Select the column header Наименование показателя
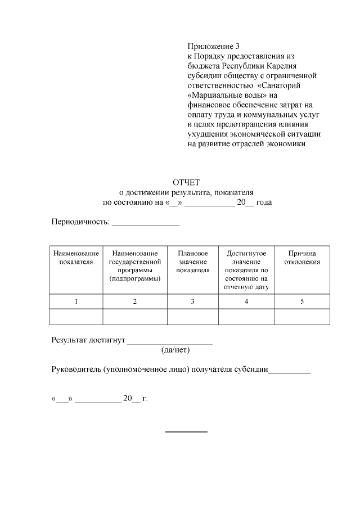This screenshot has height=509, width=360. coord(76,258)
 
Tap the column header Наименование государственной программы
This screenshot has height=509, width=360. coord(135,266)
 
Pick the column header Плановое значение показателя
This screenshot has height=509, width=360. coord(192,262)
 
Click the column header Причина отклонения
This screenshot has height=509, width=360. coord(302,258)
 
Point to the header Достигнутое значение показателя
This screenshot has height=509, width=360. coord(246,270)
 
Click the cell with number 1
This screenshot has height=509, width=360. coord(76,302)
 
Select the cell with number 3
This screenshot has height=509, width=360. coord(192,302)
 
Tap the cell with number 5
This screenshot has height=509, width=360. coord(302,302)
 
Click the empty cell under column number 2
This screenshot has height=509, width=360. coord(135,317)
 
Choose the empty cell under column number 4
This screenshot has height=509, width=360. coord(246,317)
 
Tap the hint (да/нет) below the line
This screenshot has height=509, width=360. coord(175,350)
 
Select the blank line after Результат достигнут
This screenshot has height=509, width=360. coord(170,341)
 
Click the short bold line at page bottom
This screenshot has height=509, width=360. coord(186,431)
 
